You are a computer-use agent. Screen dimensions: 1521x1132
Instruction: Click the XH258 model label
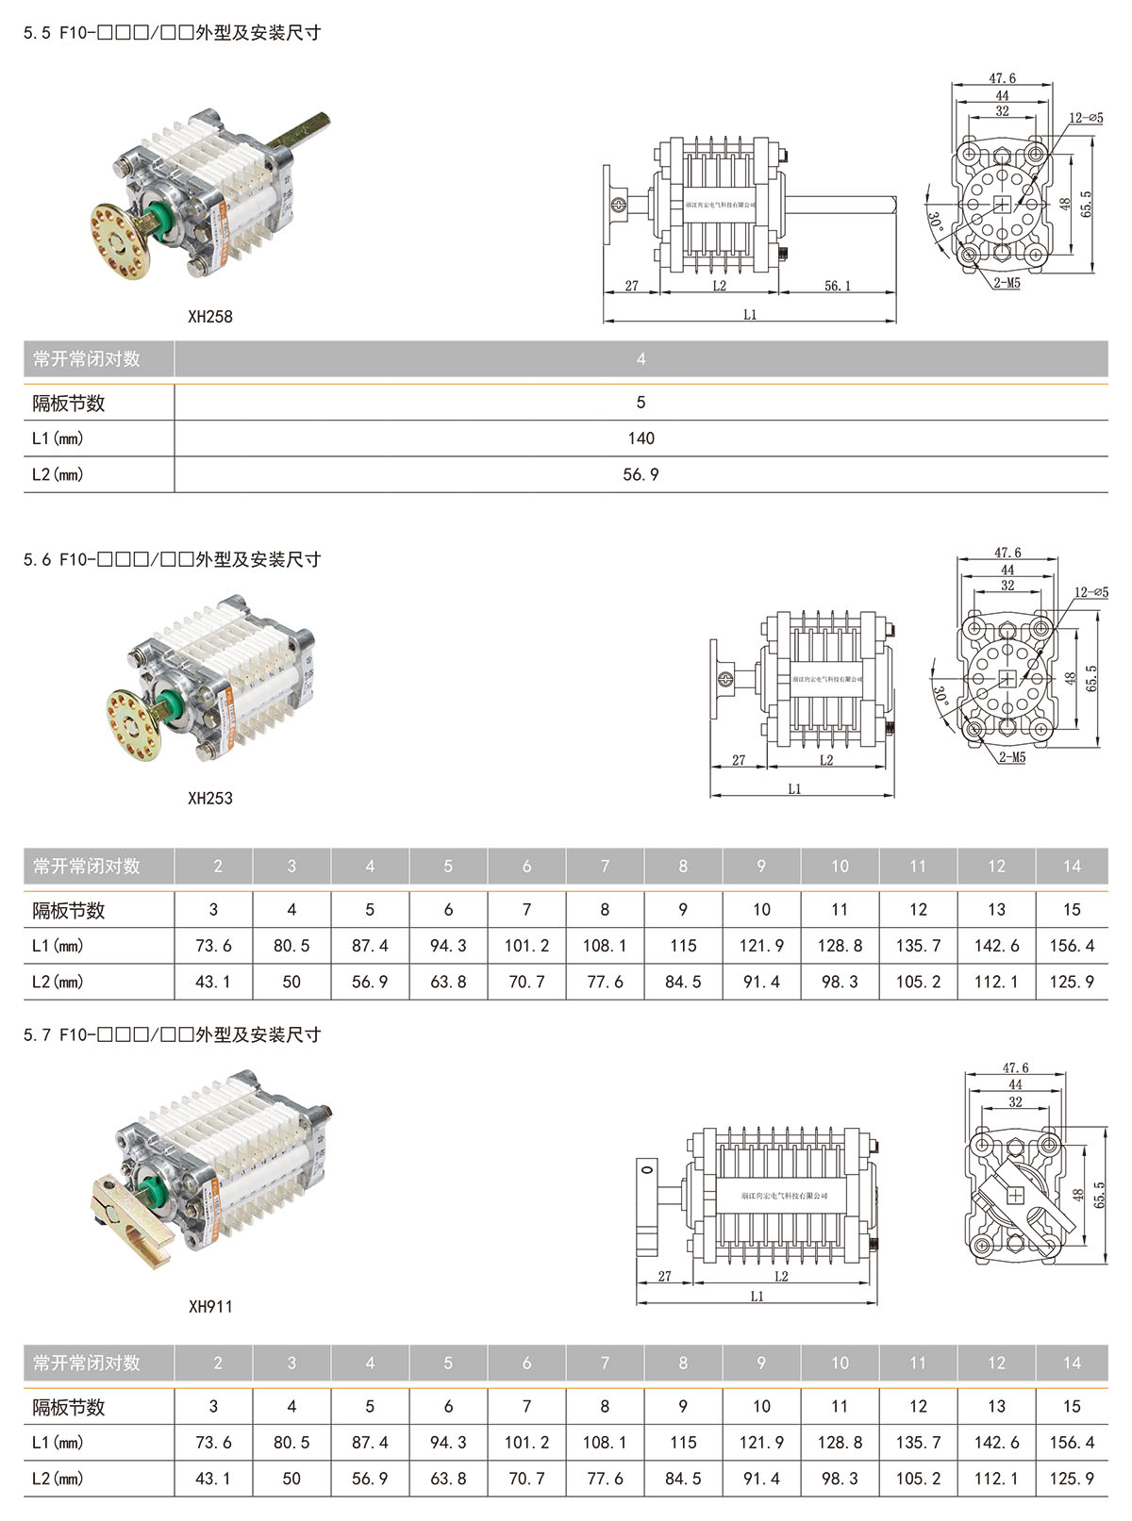pos(209,317)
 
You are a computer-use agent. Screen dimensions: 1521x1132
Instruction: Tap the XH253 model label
pos(209,798)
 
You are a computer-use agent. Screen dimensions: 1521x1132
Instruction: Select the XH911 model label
pos(209,1306)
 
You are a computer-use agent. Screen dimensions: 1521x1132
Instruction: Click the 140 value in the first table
pos(641,438)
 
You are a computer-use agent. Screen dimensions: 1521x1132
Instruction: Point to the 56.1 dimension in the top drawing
pos(837,286)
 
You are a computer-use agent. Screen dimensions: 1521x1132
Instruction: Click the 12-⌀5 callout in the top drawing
pos(1086,118)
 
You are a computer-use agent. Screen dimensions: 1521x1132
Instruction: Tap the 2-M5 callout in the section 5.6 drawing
pos(1011,757)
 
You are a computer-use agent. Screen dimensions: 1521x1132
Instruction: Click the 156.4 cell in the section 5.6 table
pos(1072,946)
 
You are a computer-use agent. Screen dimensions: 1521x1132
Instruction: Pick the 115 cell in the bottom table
pos(683,1443)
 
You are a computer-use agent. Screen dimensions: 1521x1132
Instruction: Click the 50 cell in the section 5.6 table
pos(291,982)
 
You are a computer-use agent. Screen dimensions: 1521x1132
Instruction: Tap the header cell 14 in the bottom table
pos(1072,1363)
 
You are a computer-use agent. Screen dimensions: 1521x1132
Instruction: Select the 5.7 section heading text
pos(172,1034)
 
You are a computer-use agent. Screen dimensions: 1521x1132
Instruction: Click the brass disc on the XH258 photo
pos(120,242)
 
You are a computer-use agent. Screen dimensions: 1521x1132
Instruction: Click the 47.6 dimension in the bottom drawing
pos(1015,1067)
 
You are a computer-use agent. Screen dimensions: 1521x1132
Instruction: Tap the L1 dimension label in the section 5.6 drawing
pos(794,789)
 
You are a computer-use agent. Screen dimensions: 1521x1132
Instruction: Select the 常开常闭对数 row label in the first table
pos(86,359)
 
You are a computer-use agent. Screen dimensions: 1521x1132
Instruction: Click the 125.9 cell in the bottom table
pos(1072,1479)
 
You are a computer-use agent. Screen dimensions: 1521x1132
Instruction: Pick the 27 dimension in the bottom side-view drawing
pos(664,1276)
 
